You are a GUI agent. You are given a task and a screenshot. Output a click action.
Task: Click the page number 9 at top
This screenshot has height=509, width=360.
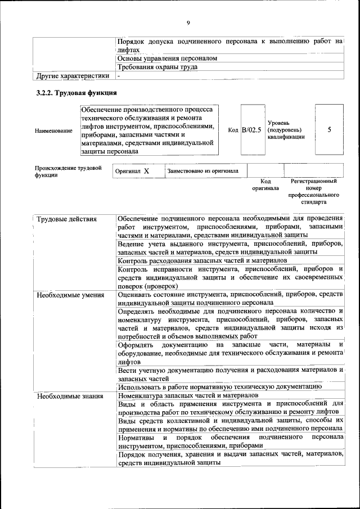[188, 22]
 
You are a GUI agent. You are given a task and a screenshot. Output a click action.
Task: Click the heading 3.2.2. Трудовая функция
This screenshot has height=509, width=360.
[76, 92]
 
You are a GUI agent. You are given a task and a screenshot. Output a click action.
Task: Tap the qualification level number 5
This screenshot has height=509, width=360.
[329, 130]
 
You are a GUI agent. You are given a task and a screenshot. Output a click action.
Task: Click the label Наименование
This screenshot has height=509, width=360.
[53, 130]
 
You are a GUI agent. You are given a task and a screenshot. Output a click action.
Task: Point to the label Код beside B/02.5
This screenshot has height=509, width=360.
[233, 130]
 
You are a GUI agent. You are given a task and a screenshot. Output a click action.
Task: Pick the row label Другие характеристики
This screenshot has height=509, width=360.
[73, 75]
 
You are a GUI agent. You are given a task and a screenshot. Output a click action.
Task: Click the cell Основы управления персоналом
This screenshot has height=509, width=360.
[167, 58]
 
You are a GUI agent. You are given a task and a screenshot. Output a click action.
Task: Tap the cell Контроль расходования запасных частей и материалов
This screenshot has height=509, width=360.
[202, 260]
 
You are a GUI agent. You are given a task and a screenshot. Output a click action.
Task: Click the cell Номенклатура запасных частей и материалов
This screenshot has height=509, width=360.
[188, 395]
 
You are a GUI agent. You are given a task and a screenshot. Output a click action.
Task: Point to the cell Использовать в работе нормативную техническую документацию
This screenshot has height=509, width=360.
[219, 387]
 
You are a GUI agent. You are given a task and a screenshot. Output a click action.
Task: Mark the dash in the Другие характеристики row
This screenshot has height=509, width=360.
[119, 75]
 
